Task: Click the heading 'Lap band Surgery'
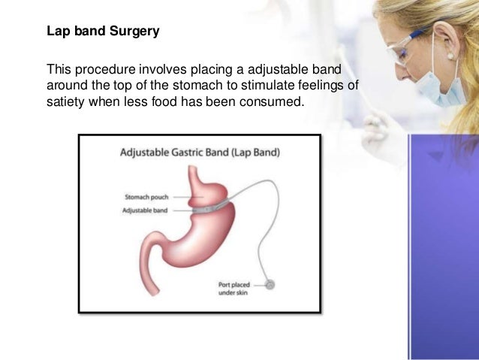pyautogui.click(x=103, y=34)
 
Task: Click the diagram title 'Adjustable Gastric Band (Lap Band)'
pyautogui.click(x=200, y=153)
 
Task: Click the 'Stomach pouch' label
pyautogui.click(x=146, y=198)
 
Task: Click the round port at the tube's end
pyautogui.click(x=270, y=285)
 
